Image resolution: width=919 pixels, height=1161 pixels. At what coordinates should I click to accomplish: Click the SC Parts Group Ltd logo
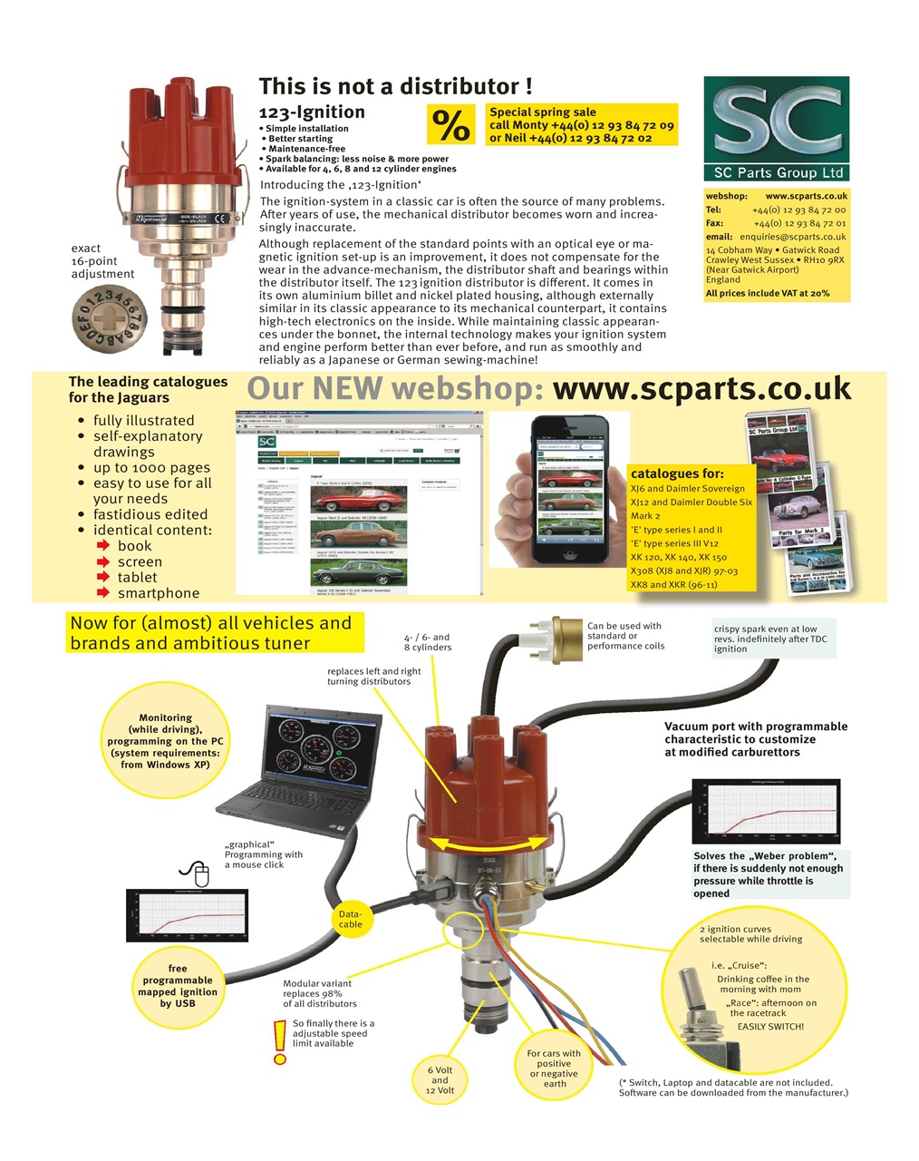click(x=776, y=128)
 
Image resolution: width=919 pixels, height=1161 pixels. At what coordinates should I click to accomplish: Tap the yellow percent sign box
click(x=450, y=125)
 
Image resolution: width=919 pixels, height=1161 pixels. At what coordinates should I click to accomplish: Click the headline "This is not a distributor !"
click(x=395, y=86)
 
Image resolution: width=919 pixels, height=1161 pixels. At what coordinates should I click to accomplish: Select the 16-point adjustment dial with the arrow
click(x=108, y=318)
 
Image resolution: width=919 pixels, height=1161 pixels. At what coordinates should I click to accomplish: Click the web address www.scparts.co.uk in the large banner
click(x=701, y=388)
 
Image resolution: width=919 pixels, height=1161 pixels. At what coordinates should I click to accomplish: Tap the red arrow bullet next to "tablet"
click(x=103, y=578)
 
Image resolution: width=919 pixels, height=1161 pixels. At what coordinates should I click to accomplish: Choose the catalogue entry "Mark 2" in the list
click(x=645, y=516)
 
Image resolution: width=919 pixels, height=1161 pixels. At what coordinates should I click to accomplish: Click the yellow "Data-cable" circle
click(x=350, y=919)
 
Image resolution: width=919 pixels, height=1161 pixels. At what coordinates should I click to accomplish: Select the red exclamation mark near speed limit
click(x=279, y=1041)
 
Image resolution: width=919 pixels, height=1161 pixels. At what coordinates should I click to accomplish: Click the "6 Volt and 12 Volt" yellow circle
click(x=440, y=1080)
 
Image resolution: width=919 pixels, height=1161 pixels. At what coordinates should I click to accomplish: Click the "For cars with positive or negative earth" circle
click(x=554, y=1068)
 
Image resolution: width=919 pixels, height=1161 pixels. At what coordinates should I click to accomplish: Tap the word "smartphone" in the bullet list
click(x=158, y=593)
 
